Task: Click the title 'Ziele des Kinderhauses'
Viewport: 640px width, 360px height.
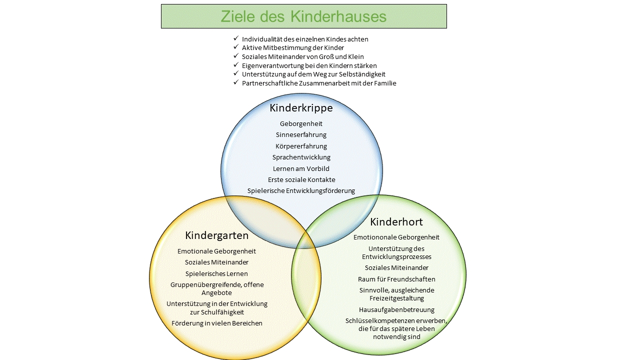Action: pyautogui.click(x=303, y=16)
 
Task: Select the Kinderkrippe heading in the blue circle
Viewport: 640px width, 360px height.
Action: pyautogui.click(x=301, y=108)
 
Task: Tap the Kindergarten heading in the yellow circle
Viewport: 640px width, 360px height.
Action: pyautogui.click(x=216, y=235)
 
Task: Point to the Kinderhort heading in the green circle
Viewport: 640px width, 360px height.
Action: pyautogui.click(x=396, y=221)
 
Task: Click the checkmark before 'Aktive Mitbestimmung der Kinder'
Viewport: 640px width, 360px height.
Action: pyautogui.click(x=236, y=47)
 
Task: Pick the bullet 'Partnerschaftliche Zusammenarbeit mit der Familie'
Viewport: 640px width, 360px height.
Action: pyautogui.click(x=319, y=83)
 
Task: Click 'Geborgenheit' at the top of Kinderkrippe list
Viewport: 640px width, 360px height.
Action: pyautogui.click(x=301, y=123)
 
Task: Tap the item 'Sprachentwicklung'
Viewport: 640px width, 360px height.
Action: pyautogui.click(x=301, y=157)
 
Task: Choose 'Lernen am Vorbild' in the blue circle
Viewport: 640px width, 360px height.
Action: pyautogui.click(x=301, y=168)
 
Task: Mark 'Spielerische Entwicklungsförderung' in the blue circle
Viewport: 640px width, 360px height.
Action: pyautogui.click(x=301, y=190)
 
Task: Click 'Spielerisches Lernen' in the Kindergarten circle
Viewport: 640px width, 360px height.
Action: pyautogui.click(x=216, y=273)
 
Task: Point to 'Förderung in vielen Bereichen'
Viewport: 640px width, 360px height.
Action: pyautogui.click(x=216, y=323)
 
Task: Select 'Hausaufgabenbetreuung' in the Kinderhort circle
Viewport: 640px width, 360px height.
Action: pyautogui.click(x=396, y=309)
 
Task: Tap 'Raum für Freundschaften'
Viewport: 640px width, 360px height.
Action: pyautogui.click(x=396, y=279)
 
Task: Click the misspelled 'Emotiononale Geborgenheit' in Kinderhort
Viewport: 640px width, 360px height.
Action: pyautogui.click(x=396, y=237)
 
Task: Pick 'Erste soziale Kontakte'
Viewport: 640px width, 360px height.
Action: pyautogui.click(x=301, y=179)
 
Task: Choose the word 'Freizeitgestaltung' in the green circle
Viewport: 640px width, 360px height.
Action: pyautogui.click(x=396, y=298)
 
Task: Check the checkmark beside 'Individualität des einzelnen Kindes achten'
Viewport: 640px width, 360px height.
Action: pyautogui.click(x=236, y=38)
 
